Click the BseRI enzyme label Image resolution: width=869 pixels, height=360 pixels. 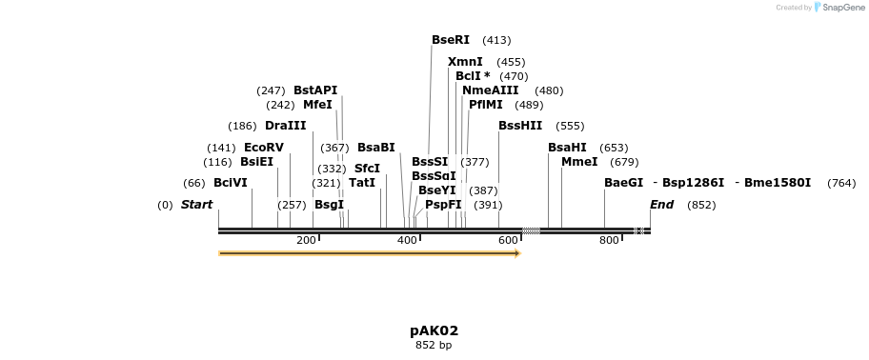pos(450,40)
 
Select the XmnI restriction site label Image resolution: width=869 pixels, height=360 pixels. pos(465,62)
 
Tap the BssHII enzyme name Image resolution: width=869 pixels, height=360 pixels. pos(519,126)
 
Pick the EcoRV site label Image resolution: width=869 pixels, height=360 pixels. pos(264,148)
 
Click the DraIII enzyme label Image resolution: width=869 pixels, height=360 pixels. pos(286,126)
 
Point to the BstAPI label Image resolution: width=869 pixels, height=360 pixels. pos(315,90)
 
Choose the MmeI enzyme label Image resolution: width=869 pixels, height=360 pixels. pos(579,162)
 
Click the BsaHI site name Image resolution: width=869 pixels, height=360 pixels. pos(567,148)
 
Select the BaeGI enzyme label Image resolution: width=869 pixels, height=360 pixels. pos(623,183)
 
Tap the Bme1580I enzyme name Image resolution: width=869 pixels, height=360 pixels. pos(777,183)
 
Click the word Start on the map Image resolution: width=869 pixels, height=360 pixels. pos(196,205)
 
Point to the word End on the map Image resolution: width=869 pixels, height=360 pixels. pos(661,205)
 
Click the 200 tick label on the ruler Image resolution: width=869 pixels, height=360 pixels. pos(306,241)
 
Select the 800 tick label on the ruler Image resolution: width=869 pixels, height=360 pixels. pos(609,241)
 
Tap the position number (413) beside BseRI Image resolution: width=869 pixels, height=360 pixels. pos(496,40)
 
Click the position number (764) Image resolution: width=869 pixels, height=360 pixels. pos(841,183)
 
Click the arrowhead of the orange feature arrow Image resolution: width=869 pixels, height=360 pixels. pos(517,253)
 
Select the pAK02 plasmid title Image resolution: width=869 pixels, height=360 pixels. pos(434,330)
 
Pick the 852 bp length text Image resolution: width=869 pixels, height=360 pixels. pos(434,345)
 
